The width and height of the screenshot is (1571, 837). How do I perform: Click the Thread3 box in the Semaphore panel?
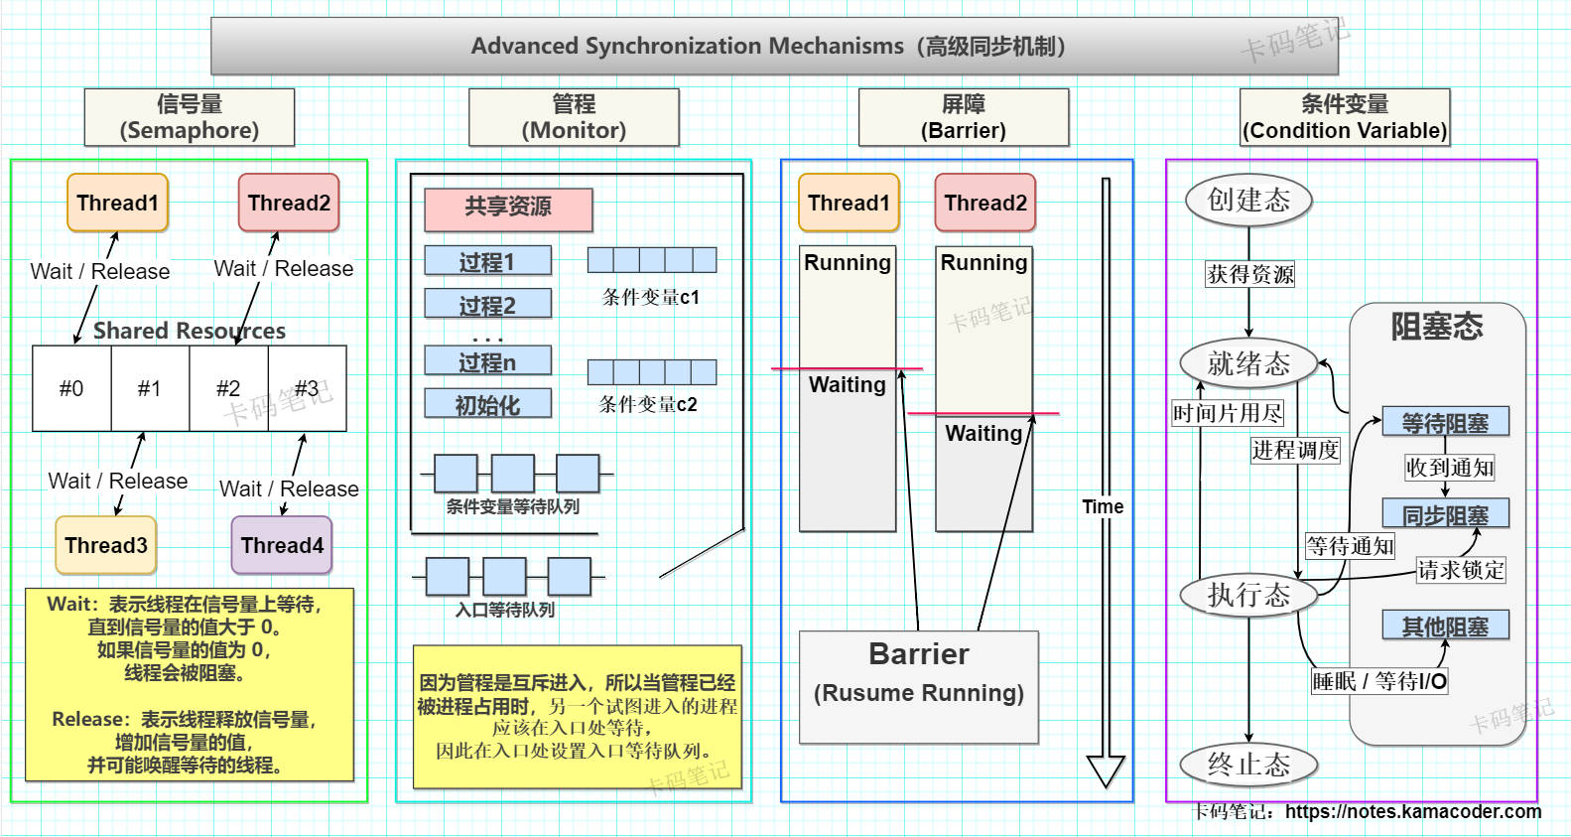pyautogui.click(x=106, y=545)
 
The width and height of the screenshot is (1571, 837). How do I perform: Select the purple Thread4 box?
pyautogui.click(x=282, y=545)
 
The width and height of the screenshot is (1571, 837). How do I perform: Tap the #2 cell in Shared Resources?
pyautogui.click(x=228, y=388)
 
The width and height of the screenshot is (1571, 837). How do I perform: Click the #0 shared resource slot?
pyautogui.click(x=71, y=388)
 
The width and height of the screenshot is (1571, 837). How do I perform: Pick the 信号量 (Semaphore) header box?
pyautogui.click(x=190, y=117)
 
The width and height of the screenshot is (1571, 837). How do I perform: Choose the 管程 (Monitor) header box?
pyautogui.click(x=574, y=117)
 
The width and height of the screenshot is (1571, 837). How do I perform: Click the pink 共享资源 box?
pyautogui.click(x=508, y=209)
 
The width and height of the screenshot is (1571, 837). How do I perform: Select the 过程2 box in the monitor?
pyautogui.click(x=487, y=305)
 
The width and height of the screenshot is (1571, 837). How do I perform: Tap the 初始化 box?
pyautogui.click(x=487, y=404)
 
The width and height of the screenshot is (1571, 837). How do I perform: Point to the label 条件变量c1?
pyautogui.click(x=651, y=297)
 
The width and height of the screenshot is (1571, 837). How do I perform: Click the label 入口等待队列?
pyautogui.click(x=505, y=610)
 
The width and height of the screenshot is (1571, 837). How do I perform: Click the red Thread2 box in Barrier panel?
pyautogui.click(x=985, y=203)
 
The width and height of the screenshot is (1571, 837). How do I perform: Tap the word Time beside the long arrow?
pyautogui.click(x=1103, y=506)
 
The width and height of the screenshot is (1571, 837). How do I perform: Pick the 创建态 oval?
pyautogui.click(x=1248, y=200)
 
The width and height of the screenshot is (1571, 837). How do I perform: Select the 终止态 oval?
pyautogui.click(x=1248, y=765)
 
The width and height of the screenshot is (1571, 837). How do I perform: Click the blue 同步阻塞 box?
pyautogui.click(x=1445, y=514)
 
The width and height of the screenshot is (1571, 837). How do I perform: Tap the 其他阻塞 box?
pyautogui.click(x=1445, y=626)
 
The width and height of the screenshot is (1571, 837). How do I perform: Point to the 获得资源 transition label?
pyautogui.click(x=1250, y=274)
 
